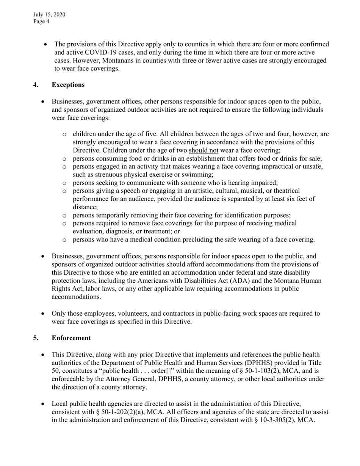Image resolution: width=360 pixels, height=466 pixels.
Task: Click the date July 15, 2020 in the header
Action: click(x=49, y=15)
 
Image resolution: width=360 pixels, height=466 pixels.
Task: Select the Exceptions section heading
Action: click(x=68, y=85)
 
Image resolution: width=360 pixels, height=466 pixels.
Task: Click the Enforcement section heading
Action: click(x=71, y=338)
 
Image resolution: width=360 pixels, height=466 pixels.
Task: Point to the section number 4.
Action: click(x=36, y=85)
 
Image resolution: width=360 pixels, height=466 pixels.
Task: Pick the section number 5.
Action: click(x=36, y=338)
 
